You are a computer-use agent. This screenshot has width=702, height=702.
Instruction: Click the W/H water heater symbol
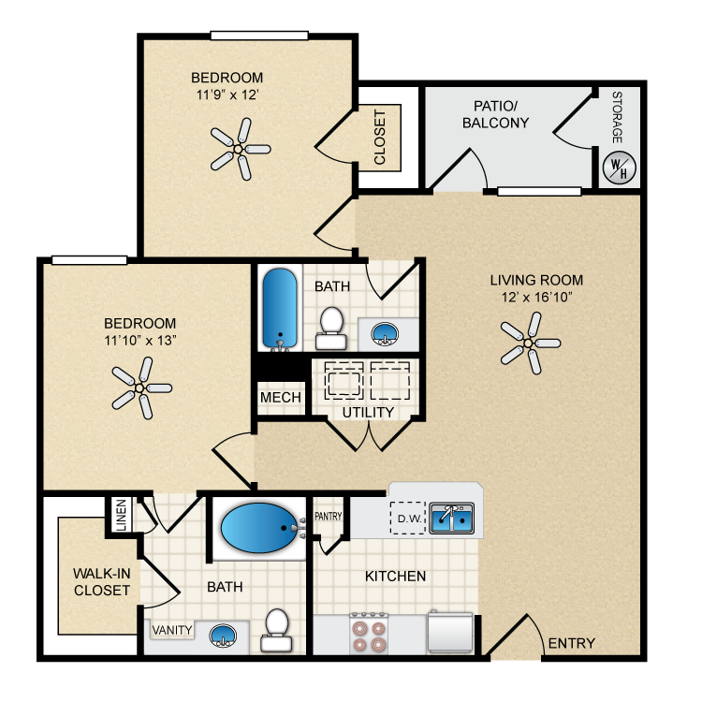[x=620, y=168]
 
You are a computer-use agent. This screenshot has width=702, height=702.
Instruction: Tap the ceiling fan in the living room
[x=529, y=344]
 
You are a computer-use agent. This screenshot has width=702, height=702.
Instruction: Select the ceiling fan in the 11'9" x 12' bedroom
[x=239, y=149]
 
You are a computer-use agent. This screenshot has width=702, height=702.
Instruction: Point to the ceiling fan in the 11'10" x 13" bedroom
[x=140, y=388]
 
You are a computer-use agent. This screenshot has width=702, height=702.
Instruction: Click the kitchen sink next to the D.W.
[x=451, y=518]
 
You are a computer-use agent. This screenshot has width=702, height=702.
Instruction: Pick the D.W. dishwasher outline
[x=407, y=518]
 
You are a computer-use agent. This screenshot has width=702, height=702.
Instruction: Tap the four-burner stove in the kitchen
[x=370, y=633]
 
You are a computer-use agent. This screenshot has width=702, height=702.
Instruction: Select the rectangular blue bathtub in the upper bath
[x=280, y=309]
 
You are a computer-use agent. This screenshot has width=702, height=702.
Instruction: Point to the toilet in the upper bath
[x=331, y=328]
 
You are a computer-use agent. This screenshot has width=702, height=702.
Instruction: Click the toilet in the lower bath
[x=276, y=630]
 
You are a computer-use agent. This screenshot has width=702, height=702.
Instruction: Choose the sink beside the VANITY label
[x=223, y=636]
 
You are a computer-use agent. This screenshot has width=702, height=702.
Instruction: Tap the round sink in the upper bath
[x=385, y=333]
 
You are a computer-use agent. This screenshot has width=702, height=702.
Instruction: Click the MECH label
[x=281, y=397]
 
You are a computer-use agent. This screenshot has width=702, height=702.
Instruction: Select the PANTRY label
[x=329, y=516]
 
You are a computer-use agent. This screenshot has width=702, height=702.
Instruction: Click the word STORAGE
[x=618, y=117]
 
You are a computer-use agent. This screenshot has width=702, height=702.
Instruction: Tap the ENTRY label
[x=572, y=643]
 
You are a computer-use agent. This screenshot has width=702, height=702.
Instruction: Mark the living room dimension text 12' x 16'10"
[x=537, y=297]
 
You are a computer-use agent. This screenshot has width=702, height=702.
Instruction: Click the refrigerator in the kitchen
[x=450, y=632]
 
